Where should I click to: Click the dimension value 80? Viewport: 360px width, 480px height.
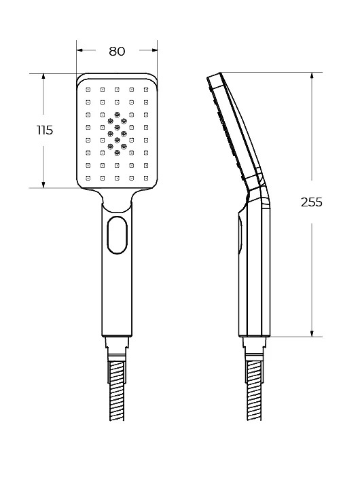(x=117, y=51)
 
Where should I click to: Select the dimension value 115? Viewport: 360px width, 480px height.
(x=45, y=130)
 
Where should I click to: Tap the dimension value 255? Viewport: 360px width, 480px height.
(x=312, y=202)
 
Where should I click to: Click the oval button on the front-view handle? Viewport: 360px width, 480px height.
(x=117, y=235)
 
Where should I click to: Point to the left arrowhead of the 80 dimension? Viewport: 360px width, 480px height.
(x=80, y=50)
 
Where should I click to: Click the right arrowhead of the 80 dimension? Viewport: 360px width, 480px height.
(x=154, y=50)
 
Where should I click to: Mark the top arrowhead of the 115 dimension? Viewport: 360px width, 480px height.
(x=43, y=77)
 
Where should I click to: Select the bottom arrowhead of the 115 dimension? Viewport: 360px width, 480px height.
(x=43, y=184)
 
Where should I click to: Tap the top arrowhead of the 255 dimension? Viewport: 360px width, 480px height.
(x=312, y=76)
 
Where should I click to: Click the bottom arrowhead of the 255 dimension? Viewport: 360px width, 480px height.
(x=312, y=333)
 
